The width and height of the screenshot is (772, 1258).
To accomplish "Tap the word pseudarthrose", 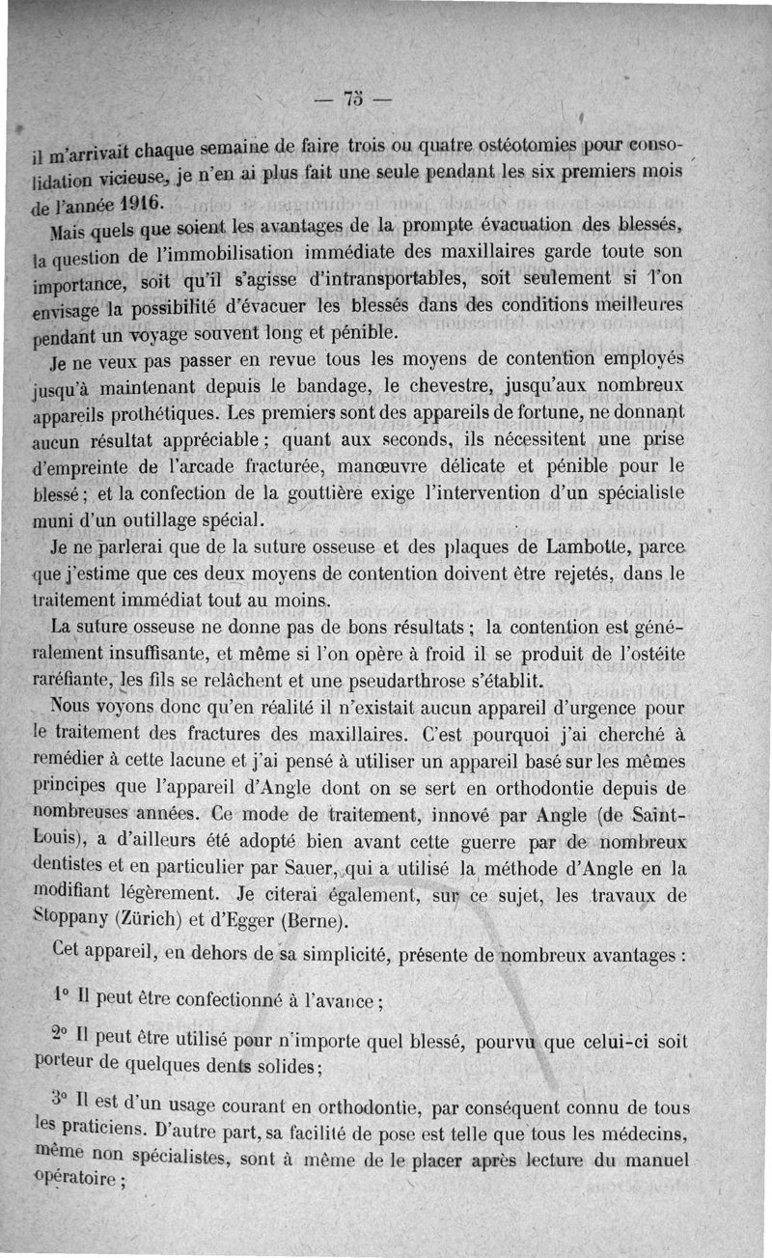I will tap(411, 681).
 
